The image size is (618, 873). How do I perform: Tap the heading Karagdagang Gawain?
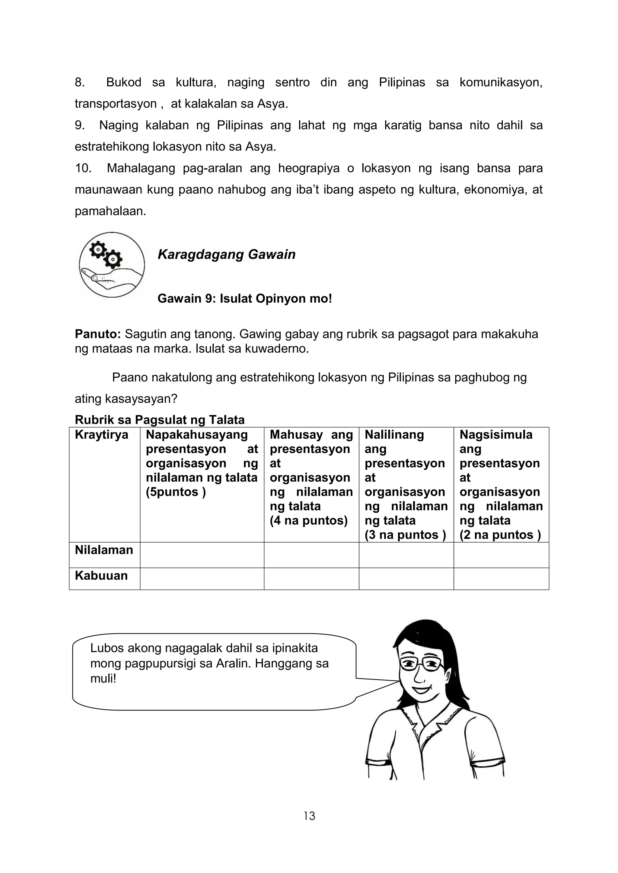pos(226,254)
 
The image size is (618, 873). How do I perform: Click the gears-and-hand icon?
pos(111,265)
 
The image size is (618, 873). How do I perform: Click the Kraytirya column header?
pos(102,435)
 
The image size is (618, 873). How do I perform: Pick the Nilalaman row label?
pos(104,550)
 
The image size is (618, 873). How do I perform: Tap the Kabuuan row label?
pos(101,575)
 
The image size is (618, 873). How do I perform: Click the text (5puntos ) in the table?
pos(176,492)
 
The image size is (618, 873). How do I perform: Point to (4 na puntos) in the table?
pos(309,521)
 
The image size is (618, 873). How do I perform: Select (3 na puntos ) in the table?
pos(405,535)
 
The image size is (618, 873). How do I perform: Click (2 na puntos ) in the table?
pos(500,535)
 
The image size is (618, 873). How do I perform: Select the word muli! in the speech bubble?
pos(103,678)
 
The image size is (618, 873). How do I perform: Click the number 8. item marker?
pos(80,82)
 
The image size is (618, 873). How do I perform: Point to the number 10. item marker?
pos(83,168)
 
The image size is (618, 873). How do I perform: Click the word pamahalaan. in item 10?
pos(110,211)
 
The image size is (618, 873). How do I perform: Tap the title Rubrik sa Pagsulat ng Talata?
pos(159,420)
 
